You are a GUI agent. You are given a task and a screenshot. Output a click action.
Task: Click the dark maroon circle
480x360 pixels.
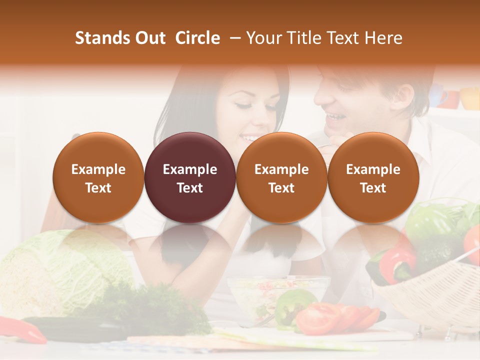(x=190, y=177)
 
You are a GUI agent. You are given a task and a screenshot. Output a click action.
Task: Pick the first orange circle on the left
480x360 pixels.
(x=98, y=177)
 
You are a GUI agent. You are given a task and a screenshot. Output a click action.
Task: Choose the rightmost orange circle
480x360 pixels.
(x=373, y=177)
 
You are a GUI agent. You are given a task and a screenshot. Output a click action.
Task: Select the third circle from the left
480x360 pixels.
(x=281, y=177)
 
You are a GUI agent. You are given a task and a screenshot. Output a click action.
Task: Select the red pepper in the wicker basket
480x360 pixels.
(x=397, y=262)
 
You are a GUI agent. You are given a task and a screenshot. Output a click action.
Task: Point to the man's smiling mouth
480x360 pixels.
(x=334, y=118)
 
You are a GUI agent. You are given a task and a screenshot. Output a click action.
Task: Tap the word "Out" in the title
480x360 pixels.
(x=150, y=38)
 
